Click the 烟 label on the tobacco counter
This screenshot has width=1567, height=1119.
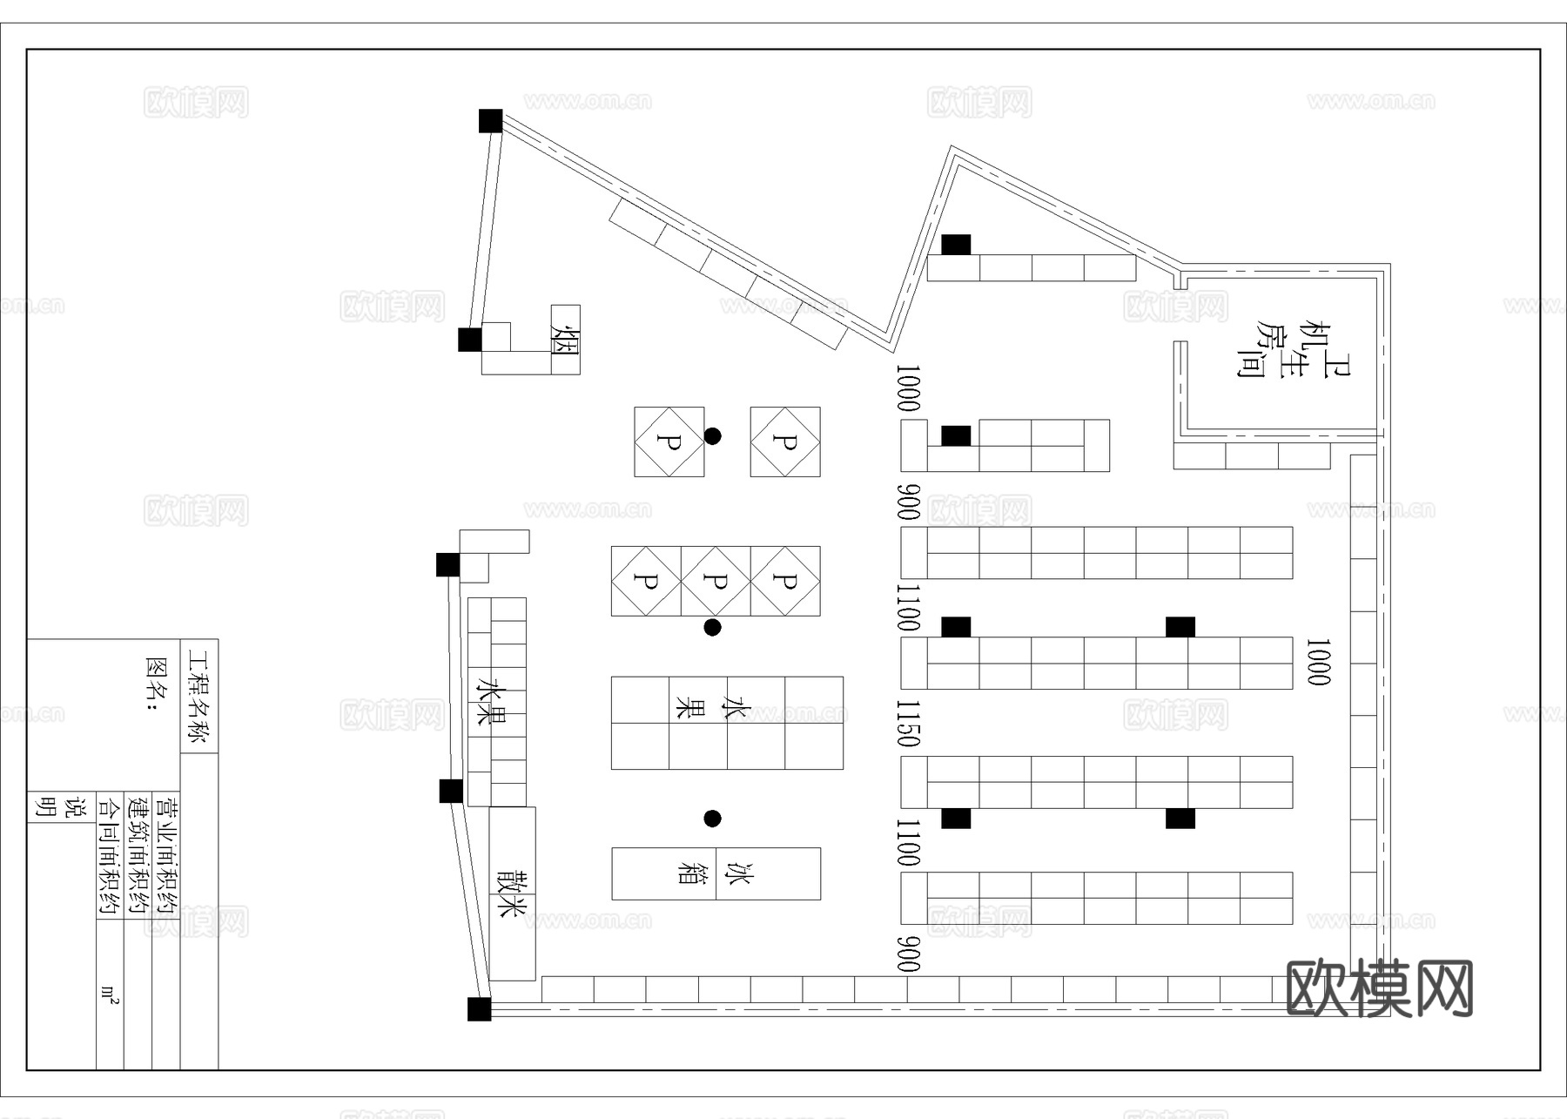[565, 340]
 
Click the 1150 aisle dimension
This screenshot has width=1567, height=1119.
[908, 723]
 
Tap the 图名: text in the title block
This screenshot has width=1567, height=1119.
[156, 684]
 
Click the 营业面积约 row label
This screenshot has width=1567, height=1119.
[165, 853]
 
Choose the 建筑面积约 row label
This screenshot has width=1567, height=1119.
[138, 853]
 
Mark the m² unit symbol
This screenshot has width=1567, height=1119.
[110, 994]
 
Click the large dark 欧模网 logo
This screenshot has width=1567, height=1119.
[1379, 988]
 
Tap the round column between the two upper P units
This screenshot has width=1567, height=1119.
[712, 436]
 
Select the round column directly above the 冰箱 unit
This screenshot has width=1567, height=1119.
[712, 819]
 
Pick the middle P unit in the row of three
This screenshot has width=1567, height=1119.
[715, 581]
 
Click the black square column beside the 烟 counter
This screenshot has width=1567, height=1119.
[470, 340]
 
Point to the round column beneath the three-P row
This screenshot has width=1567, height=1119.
[712, 627]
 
